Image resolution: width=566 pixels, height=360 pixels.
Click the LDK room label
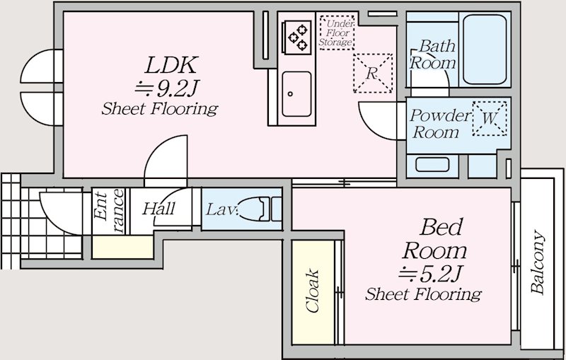tap(171, 65)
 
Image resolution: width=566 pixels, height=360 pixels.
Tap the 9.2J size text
tap(167, 88)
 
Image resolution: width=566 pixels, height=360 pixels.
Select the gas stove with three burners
tap(297, 37)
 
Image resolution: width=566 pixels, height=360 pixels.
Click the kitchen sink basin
tap(296, 94)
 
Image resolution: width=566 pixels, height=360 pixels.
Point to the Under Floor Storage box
tap(337, 33)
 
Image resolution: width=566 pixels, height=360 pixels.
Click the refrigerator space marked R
tap(373, 74)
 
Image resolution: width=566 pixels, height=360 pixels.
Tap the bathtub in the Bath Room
tap(485, 50)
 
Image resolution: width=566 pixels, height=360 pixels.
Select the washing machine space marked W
tap(490, 118)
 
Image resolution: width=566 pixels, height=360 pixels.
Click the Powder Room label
tap(440, 124)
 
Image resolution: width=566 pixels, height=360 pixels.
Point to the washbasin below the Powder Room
tap(432, 165)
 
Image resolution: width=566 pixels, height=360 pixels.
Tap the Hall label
tap(158, 209)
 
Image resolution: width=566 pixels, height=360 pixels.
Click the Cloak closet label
tap(313, 291)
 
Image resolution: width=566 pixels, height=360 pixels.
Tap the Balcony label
tap(538, 262)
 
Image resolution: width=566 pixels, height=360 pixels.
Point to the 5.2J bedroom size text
tap(430, 274)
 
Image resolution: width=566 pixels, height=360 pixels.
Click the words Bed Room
tap(435, 239)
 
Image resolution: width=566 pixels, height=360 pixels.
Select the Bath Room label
tap(433, 54)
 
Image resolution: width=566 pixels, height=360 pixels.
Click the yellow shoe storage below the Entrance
tap(122, 247)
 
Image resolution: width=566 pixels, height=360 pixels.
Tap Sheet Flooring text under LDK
tap(160, 109)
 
